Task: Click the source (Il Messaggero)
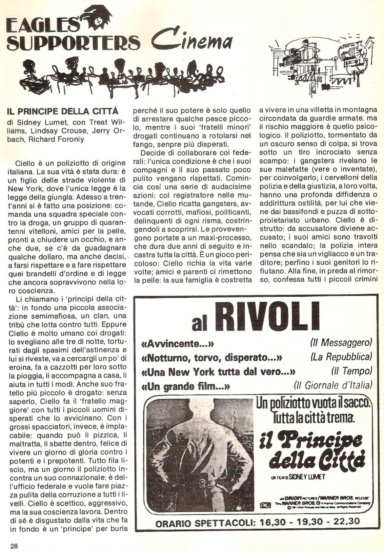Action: pos(341,343)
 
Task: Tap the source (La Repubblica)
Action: pos(341,357)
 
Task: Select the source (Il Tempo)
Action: pos(351,371)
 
